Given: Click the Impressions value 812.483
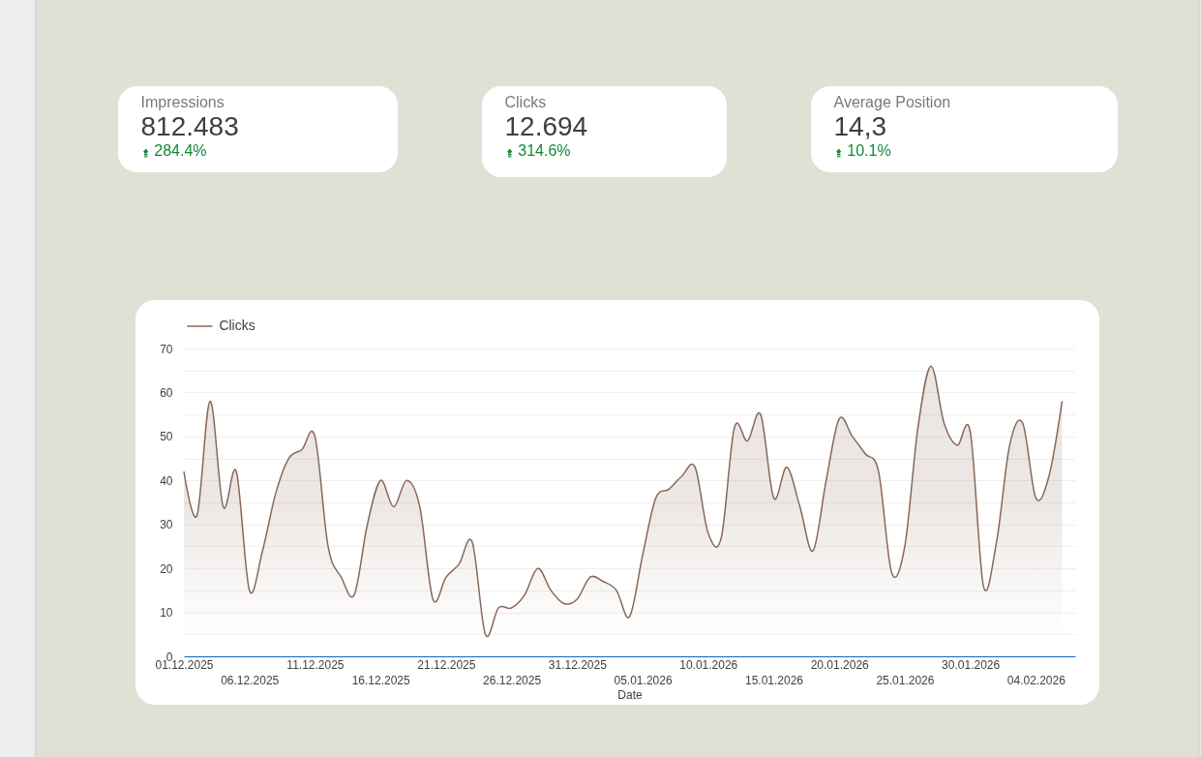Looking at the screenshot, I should pos(190,127).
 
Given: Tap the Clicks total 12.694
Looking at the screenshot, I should pos(546,127).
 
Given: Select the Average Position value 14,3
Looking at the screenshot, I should pos(859,127).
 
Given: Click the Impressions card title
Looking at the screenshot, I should pos(182,103).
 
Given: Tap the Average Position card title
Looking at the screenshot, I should pos(891,103).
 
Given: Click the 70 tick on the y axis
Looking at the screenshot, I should pos(166,349).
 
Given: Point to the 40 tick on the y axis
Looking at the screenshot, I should pos(166,481).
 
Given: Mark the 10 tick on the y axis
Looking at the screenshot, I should pos(166,613).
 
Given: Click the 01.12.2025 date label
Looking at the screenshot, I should pos(184,665).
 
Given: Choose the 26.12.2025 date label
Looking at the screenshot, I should pos(512,681).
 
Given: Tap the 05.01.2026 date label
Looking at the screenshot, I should pos(643,681).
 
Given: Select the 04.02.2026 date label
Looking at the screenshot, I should pos(1036,681).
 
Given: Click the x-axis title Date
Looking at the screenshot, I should pos(630,695).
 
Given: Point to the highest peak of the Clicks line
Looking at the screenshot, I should pos(931,367).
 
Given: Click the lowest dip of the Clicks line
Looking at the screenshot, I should pos(488,636).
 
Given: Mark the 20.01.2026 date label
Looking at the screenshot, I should pos(839,665).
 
